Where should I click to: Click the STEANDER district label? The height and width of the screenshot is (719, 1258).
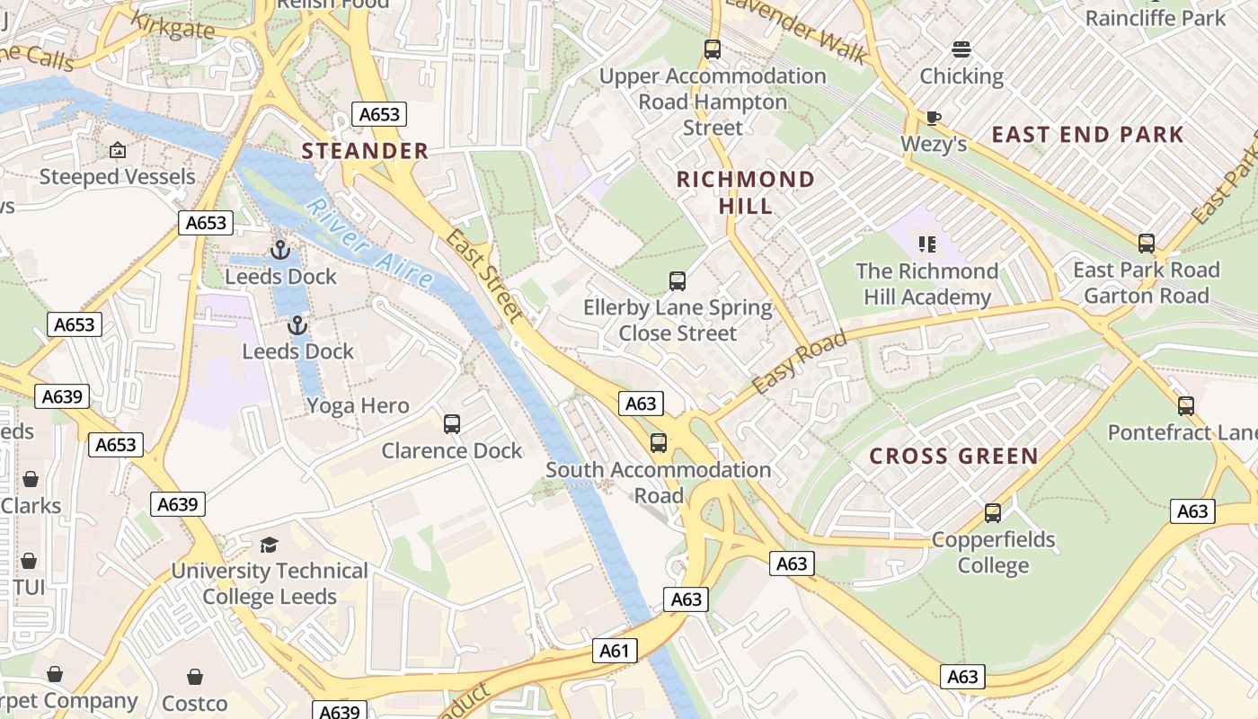[x=365, y=151]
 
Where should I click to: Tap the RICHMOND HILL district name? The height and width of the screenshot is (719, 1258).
[x=745, y=192]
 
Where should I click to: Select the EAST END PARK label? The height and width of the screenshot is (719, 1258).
[x=1087, y=135]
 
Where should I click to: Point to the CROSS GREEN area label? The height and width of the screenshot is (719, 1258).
[x=953, y=457]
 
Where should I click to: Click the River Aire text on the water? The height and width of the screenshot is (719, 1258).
[x=368, y=244]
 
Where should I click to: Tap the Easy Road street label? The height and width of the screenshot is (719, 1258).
[x=799, y=363]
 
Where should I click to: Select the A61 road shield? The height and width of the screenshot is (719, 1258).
[x=616, y=651]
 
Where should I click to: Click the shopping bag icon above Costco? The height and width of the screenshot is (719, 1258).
[x=195, y=677]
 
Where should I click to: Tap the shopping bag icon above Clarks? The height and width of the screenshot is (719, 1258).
[x=31, y=479]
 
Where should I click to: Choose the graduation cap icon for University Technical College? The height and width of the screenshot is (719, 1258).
[x=269, y=545]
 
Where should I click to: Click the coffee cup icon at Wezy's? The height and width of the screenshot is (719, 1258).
[x=934, y=118]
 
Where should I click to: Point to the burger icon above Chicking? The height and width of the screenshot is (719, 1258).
[x=961, y=49]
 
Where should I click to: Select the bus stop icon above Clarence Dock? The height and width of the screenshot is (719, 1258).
[x=452, y=423]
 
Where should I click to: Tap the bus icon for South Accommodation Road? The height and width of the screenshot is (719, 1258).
[x=659, y=443]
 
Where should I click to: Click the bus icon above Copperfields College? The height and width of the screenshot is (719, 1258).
[x=993, y=513]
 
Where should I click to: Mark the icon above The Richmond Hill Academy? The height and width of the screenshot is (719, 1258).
[x=927, y=244]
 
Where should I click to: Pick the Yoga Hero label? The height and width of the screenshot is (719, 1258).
[x=358, y=406]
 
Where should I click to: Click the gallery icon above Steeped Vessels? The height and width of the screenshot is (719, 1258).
[x=117, y=150]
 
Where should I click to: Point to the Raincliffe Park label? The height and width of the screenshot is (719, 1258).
[x=1155, y=18]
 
